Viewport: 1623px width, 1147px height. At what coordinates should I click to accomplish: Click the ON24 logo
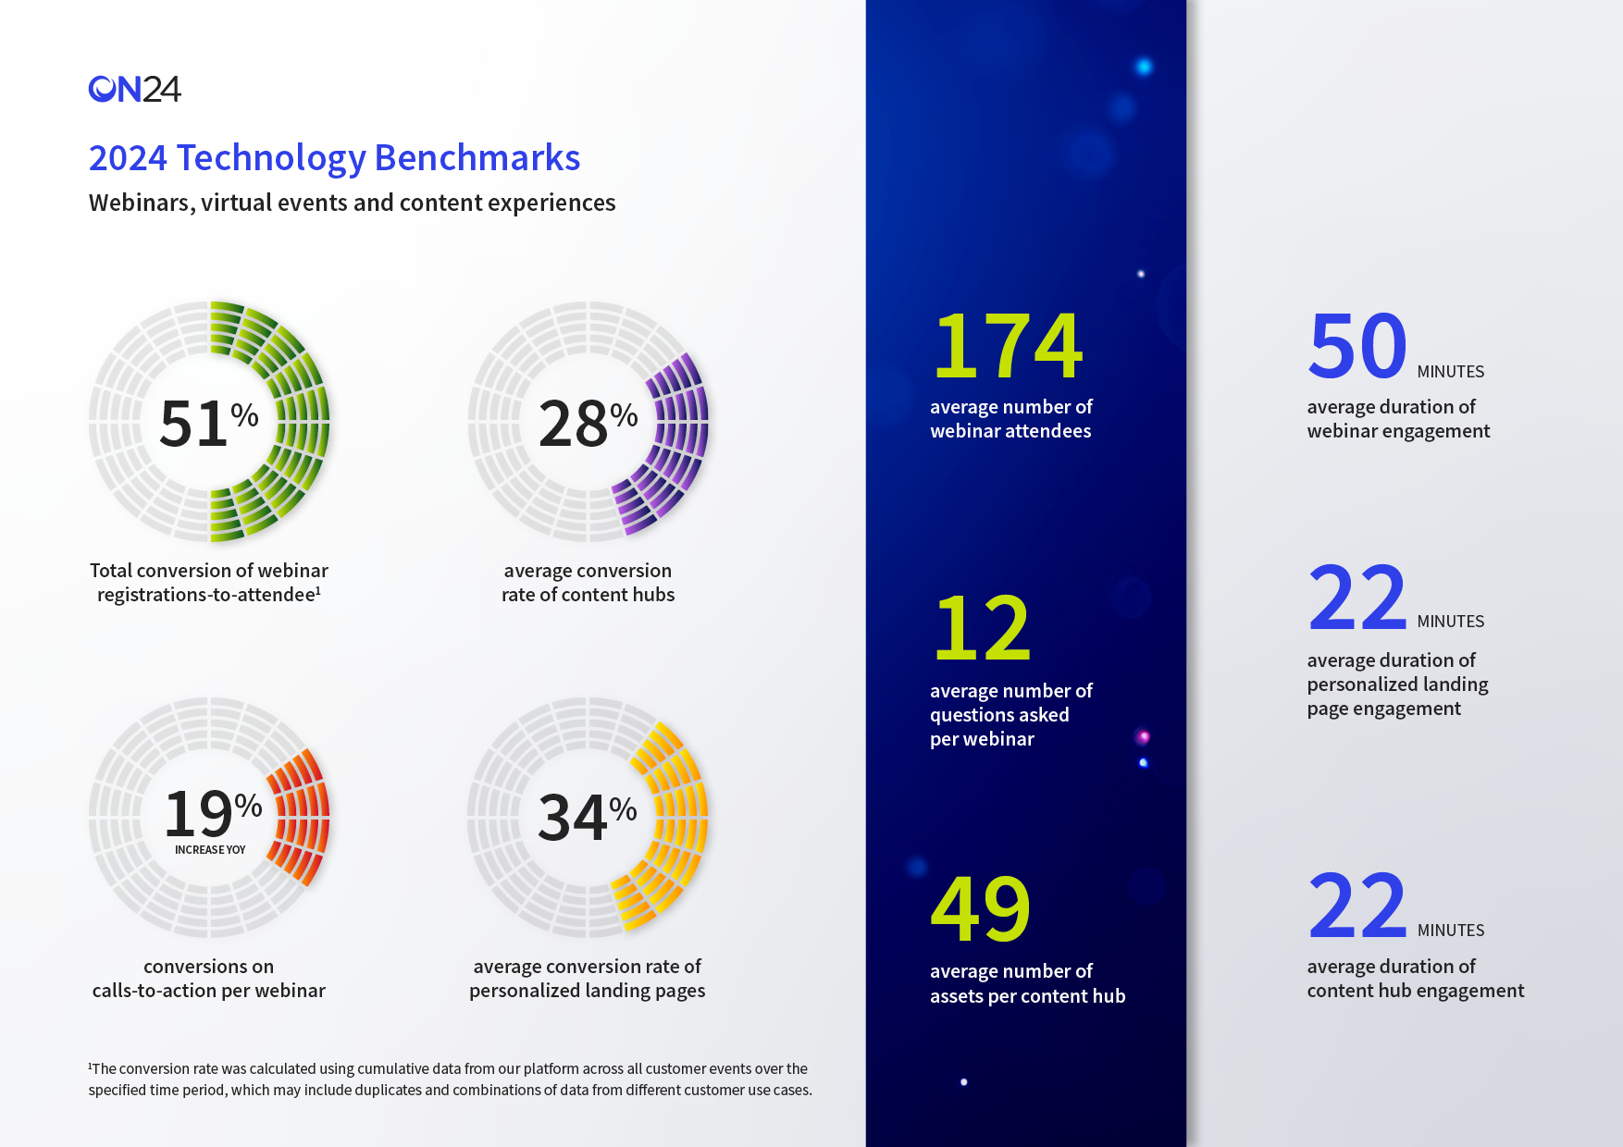click(x=134, y=89)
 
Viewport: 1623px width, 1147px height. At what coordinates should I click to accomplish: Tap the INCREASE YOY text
click(x=210, y=850)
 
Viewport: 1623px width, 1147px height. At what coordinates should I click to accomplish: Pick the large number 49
click(x=980, y=909)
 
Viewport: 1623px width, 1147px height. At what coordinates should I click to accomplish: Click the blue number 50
click(x=1357, y=346)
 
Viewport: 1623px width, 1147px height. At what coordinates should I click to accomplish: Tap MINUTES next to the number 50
click(x=1450, y=372)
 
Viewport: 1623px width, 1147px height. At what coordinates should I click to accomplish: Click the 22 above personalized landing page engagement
click(x=1357, y=598)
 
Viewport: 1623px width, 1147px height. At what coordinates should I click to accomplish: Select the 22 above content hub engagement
click(x=1357, y=906)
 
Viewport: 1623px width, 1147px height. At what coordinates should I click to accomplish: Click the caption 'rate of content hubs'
click(x=588, y=595)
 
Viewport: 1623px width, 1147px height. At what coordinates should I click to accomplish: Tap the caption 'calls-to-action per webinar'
click(x=208, y=991)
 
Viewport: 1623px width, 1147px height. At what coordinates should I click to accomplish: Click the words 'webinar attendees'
click(x=1010, y=431)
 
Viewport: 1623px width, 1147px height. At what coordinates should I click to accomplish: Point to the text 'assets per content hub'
click(x=1027, y=996)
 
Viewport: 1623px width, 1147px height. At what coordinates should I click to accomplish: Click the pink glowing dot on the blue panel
click(x=1144, y=737)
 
